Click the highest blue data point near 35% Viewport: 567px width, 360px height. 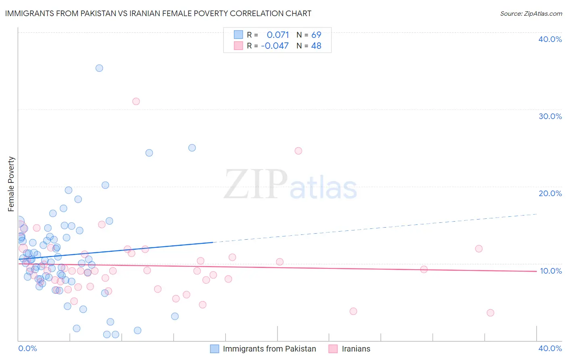99,68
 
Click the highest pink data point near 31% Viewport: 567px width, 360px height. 136,101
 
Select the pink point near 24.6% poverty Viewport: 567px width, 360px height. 298,151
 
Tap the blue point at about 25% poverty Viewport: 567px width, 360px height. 192,148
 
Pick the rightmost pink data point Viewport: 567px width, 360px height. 490,313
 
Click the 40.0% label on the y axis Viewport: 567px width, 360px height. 550,39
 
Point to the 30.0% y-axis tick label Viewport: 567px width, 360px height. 550,116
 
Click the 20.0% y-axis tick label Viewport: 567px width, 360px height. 550,193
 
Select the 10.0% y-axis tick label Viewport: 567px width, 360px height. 550,271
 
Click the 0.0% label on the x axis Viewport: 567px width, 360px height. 27,348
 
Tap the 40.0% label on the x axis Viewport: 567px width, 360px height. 550,348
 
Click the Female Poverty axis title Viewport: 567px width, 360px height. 11,184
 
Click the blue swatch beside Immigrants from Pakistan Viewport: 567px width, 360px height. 215,349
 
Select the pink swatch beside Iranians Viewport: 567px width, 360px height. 333,349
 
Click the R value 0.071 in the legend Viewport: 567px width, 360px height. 278,35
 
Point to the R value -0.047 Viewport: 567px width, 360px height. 275,46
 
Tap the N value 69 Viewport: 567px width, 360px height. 316,35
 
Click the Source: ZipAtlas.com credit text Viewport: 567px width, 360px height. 531,14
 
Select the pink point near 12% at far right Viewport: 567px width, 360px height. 479,249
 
